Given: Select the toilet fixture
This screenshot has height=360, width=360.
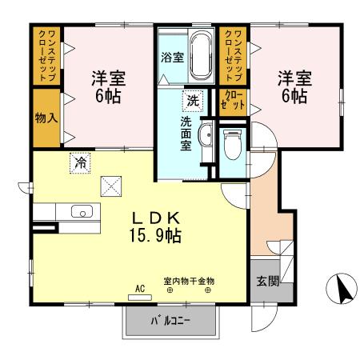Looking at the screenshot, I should (233, 146).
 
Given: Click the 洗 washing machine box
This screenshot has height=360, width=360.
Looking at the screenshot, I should (193, 101).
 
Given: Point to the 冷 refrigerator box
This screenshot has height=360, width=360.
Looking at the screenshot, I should (81, 162).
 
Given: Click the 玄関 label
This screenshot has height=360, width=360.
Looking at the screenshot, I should (266, 281).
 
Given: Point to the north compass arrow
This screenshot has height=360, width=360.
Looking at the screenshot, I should (342, 288).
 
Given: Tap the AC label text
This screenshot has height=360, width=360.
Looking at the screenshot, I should (139, 288).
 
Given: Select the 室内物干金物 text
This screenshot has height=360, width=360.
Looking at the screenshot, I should (190, 282).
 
